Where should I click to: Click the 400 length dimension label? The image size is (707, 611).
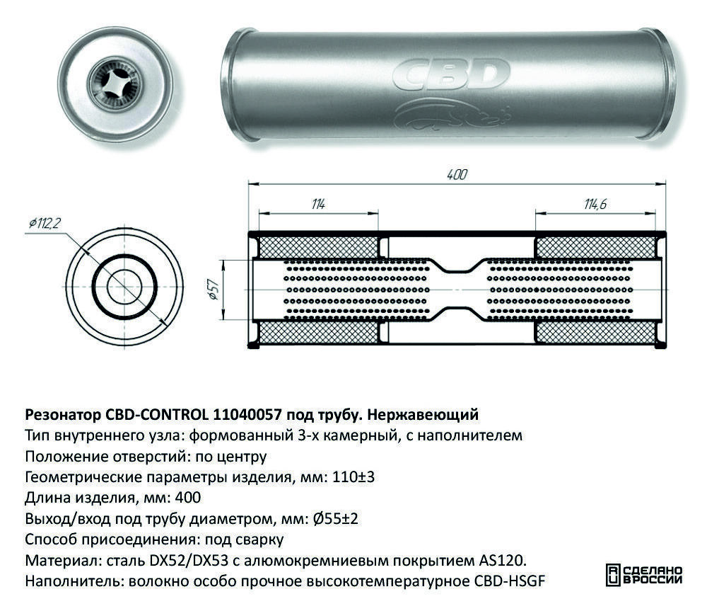point(457,174)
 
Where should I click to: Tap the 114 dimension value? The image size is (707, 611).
point(318,204)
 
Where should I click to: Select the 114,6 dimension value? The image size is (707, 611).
point(595,204)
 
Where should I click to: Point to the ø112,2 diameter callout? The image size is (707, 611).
point(45,222)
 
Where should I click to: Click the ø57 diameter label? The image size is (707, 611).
point(213,290)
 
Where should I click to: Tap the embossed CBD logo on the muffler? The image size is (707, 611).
point(451,74)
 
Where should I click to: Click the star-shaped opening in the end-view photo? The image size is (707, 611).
point(116,84)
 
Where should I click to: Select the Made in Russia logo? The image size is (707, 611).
point(644,576)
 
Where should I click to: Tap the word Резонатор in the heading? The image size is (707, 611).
point(63,415)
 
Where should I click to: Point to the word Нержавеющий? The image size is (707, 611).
point(423,415)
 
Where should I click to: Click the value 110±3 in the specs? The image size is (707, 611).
point(353,477)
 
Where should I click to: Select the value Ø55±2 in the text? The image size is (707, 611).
point(335,519)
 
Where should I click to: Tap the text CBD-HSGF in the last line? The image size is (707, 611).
point(510,581)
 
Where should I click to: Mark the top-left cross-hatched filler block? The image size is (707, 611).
point(318,248)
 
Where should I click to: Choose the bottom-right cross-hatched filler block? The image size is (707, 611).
point(595,332)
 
